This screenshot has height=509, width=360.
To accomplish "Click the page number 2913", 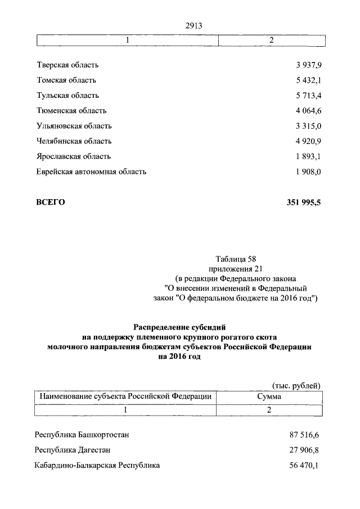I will pos(193,25).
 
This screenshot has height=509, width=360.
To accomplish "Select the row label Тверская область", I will pos(67,65).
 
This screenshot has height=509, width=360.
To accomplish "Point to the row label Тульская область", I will pos(67,96).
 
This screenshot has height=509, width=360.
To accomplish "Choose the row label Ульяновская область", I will pos(74,126).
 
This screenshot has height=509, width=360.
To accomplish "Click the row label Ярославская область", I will pos(73,156).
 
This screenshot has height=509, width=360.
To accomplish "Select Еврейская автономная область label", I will pos(91,172).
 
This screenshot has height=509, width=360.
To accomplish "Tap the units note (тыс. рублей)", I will pos(296,385).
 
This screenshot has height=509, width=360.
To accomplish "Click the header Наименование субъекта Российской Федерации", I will pos(125,397).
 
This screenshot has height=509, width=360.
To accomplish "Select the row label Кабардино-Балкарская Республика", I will pos(97,465).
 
